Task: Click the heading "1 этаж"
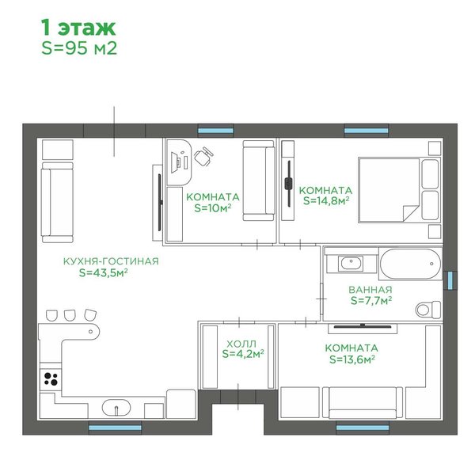tap(78, 28)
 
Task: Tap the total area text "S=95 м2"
tap(79, 48)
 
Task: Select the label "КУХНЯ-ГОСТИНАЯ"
tap(111, 261)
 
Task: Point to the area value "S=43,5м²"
tap(103, 272)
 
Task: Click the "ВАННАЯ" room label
tap(370, 290)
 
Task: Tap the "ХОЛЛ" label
tap(241, 344)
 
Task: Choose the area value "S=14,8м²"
tap(326, 200)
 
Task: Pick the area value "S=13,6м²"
tap(352, 359)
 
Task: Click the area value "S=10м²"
tap(213, 208)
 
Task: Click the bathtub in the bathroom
tap(410, 264)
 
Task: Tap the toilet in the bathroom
tap(428, 310)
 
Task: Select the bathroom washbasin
tap(351, 263)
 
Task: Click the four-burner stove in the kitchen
tap(51, 379)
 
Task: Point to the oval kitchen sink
tap(116, 408)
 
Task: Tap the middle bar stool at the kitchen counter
tap(70, 315)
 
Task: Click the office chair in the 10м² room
tap(203, 156)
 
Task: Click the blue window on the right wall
tap(450, 280)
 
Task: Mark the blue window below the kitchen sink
tap(115, 428)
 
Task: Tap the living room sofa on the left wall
tap(57, 203)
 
